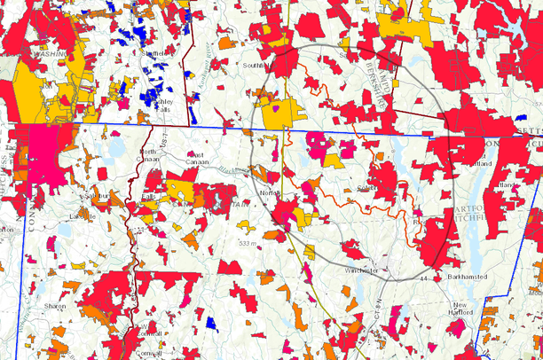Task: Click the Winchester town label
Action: pos(362,270)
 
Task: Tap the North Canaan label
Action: pos(147,156)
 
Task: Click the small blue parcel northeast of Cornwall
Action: pos(211,324)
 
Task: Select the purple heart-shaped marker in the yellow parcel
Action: pos(276,109)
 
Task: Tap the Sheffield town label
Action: pos(156,53)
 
